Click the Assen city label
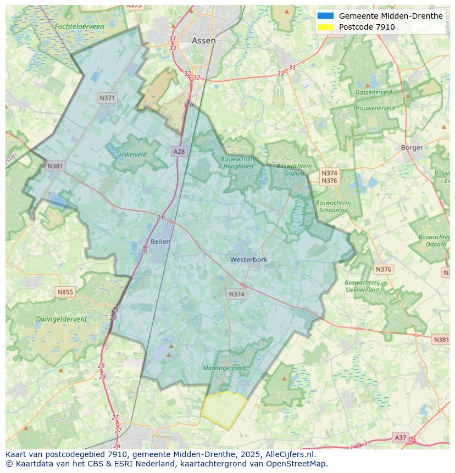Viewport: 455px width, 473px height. tap(203, 41)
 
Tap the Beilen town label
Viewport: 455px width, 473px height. tap(160, 241)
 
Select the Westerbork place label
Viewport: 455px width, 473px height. tap(249, 259)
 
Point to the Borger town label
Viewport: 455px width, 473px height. tap(412, 147)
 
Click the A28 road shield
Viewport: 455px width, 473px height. tap(179, 152)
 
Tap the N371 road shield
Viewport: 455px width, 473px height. tap(107, 98)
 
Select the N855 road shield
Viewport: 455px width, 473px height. tap(65, 292)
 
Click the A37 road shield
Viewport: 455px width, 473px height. tap(401, 438)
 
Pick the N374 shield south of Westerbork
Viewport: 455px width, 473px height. tap(236, 294)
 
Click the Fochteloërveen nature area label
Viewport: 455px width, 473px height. tap(79, 26)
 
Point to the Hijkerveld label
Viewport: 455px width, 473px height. tap(132, 154)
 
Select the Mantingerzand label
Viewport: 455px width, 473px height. tap(224, 368)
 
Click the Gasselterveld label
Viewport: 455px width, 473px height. tap(374, 92)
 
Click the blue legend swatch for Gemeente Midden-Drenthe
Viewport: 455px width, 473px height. tap(325, 16)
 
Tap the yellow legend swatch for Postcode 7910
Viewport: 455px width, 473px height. tap(325, 27)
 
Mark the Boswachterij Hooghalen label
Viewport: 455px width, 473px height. tap(238, 163)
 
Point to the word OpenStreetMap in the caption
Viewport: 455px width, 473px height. tap(297, 464)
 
